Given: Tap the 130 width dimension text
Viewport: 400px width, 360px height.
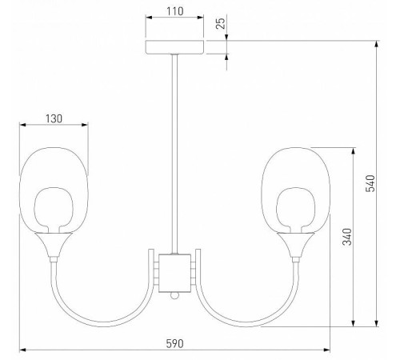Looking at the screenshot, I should click(54, 118).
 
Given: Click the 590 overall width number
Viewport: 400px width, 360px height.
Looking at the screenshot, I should click(174, 342).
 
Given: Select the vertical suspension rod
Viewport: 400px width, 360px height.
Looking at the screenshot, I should click(175, 152).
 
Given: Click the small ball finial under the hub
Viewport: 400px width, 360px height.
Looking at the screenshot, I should click(175, 295).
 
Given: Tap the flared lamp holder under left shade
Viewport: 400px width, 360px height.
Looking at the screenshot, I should click(54, 244).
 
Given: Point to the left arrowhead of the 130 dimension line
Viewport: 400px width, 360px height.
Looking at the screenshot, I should click(22, 125).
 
